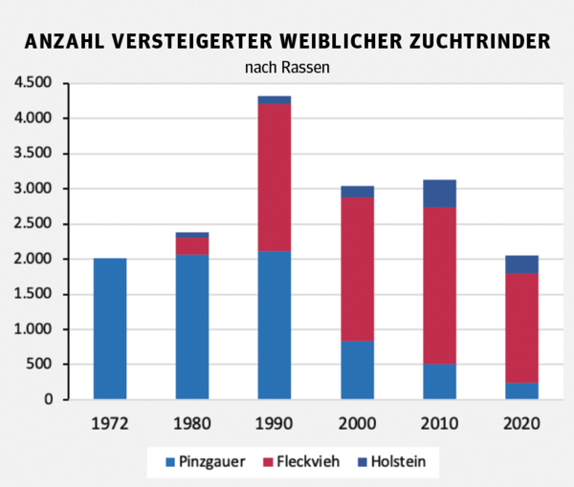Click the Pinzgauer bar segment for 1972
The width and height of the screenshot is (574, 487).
[x=110, y=328]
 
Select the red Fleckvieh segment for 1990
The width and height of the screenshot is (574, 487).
[x=275, y=178]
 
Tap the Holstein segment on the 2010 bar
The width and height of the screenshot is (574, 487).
[x=439, y=193]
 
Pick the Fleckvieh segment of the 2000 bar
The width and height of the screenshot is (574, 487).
[x=357, y=269]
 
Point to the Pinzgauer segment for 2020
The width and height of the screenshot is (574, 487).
[x=521, y=391]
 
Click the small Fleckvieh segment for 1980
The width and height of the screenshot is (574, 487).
[x=192, y=246]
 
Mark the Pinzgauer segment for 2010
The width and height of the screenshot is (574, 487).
[x=439, y=381]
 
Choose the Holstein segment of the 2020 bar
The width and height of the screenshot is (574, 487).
[x=521, y=265]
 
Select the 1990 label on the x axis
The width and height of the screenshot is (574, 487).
[x=275, y=422]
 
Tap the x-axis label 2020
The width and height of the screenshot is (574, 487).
[x=521, y=422]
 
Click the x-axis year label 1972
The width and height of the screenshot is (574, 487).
[x=110, y=422]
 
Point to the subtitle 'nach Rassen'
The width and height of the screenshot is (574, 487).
[x=286, y=67]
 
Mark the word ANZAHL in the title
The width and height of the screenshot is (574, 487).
[x=64, y=42]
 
